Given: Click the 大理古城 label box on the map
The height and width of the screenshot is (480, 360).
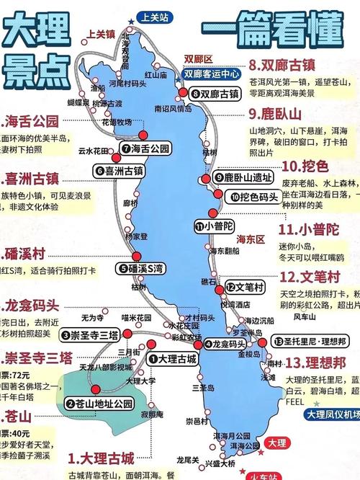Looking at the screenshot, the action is [x=172, y=357].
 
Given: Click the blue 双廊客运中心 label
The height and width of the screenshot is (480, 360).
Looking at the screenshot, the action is [x=212, y=74].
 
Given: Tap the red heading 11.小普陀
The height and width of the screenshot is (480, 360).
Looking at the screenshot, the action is [x=311, y=229].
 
